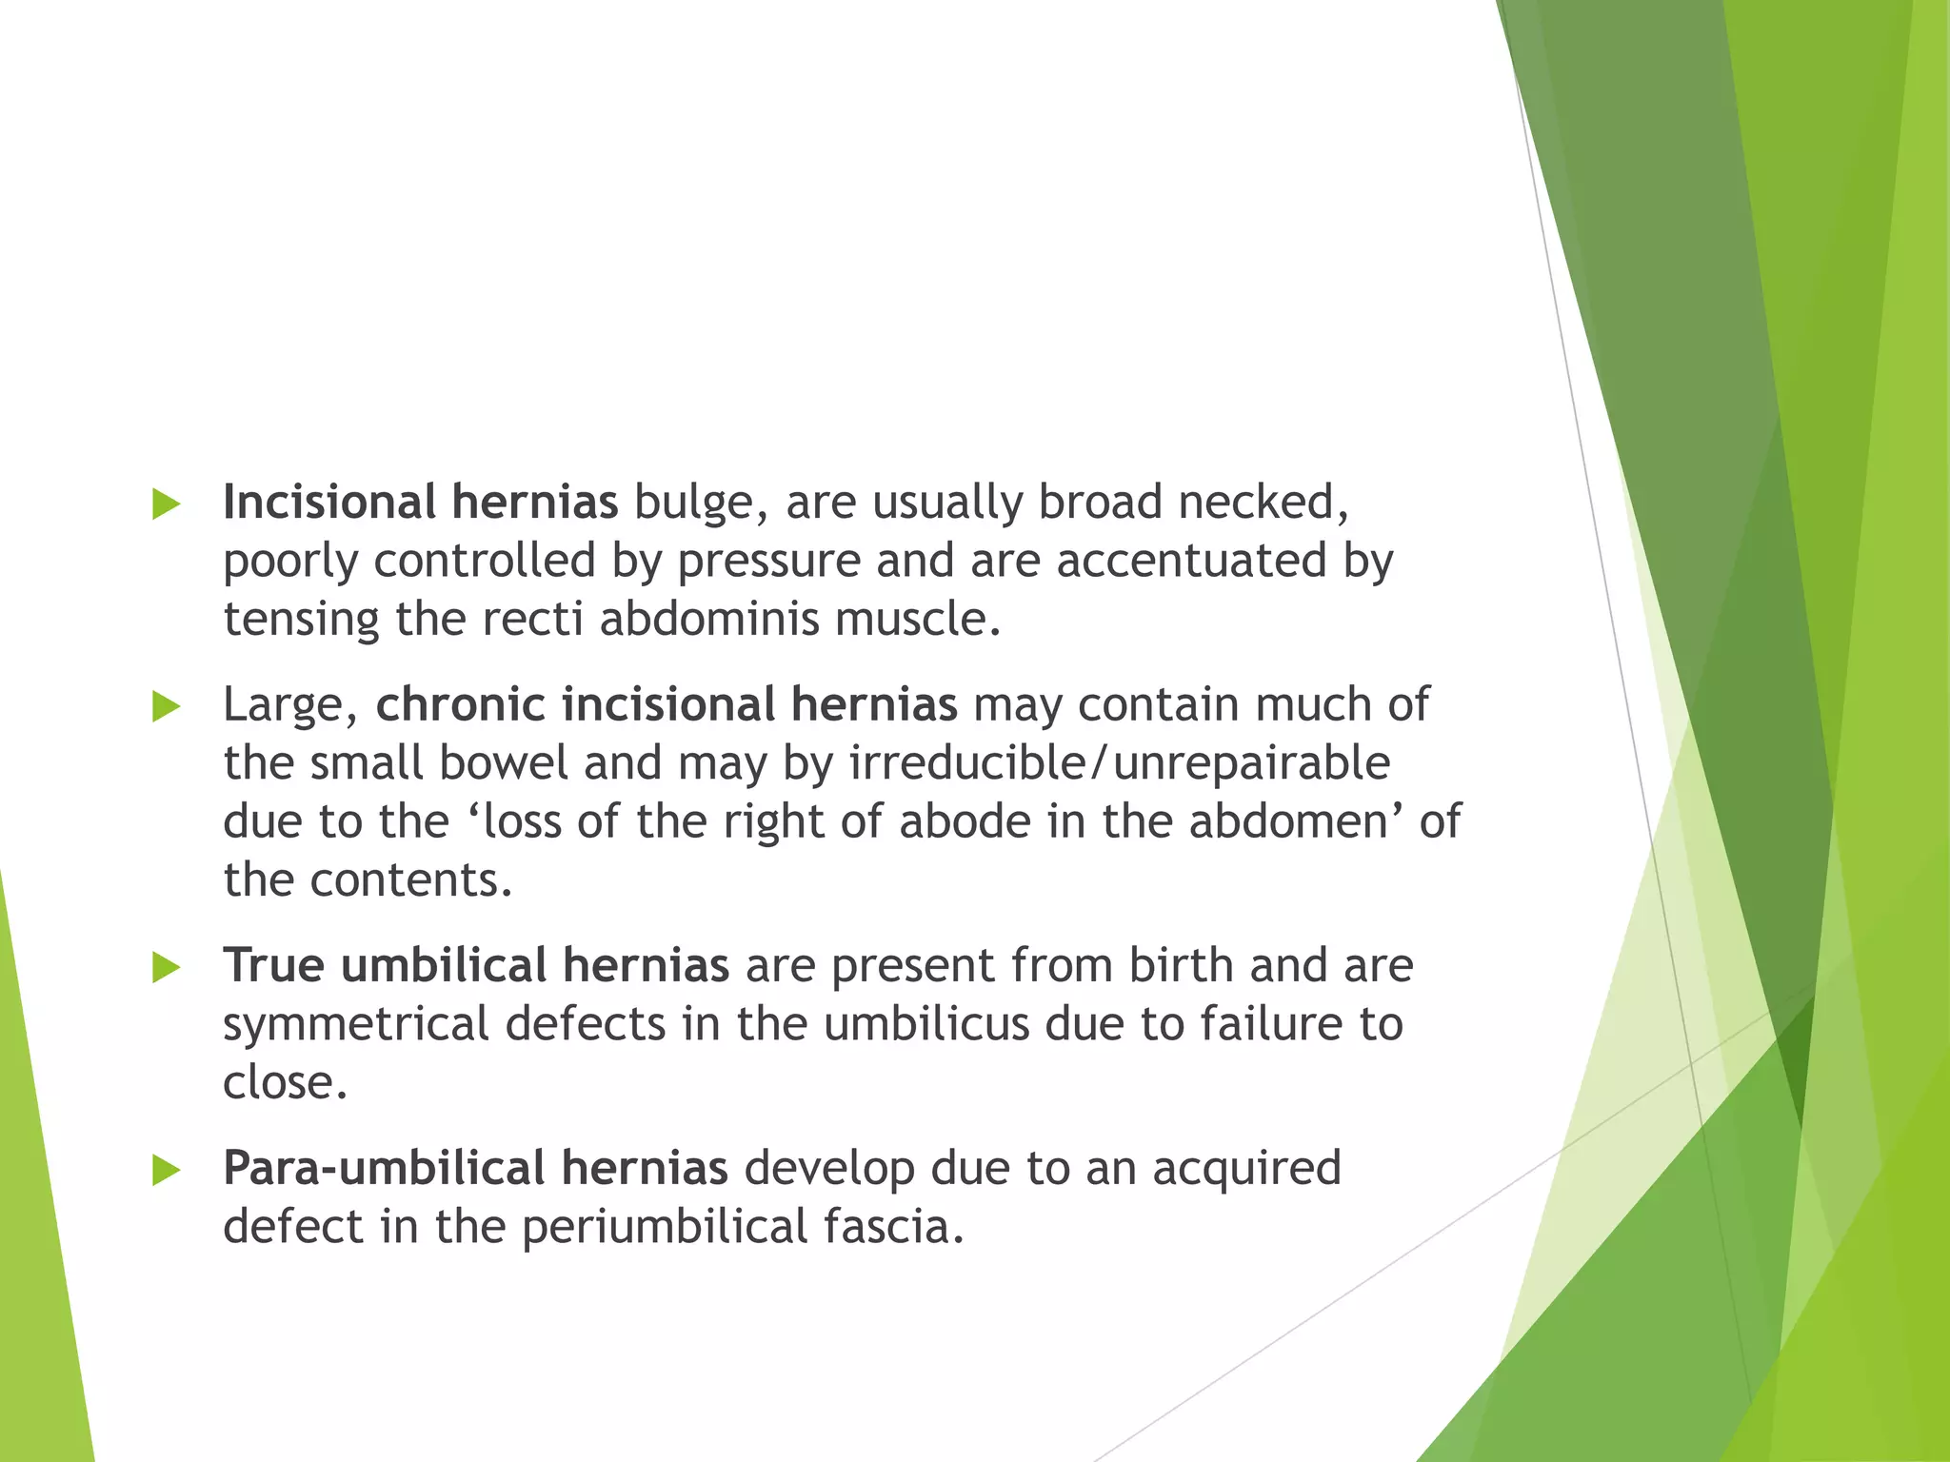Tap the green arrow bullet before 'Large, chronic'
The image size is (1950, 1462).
click(x=166, y=706)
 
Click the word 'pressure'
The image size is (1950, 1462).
click(x=768, y=561)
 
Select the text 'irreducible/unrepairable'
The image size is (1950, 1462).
click(x=1119, y=763)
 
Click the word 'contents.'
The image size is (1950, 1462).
click(x=411, y=879)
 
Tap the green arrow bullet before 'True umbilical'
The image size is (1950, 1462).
click(x=166, y=968)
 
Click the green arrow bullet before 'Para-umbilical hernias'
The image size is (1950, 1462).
click(x=166, y=1171)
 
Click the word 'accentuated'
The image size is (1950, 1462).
click(x=1191, y=561)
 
